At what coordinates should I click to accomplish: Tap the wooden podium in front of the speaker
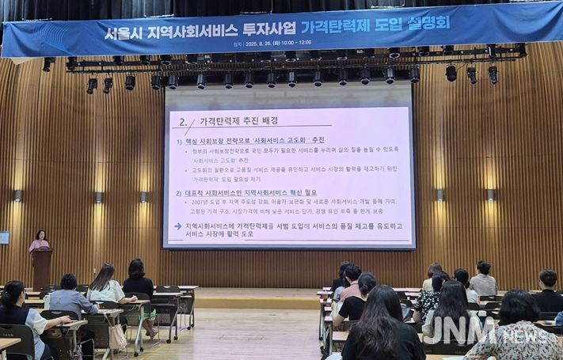[x=42, y=267]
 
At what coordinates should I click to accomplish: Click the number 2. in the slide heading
[x=183, y=122]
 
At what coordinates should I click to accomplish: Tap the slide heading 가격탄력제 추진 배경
[x=238, y=121]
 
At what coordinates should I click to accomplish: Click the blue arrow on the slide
[x=177, y=226]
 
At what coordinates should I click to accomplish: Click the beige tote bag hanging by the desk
[x=118, y=336]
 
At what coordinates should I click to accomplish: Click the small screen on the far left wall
[x=4, y=237]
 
